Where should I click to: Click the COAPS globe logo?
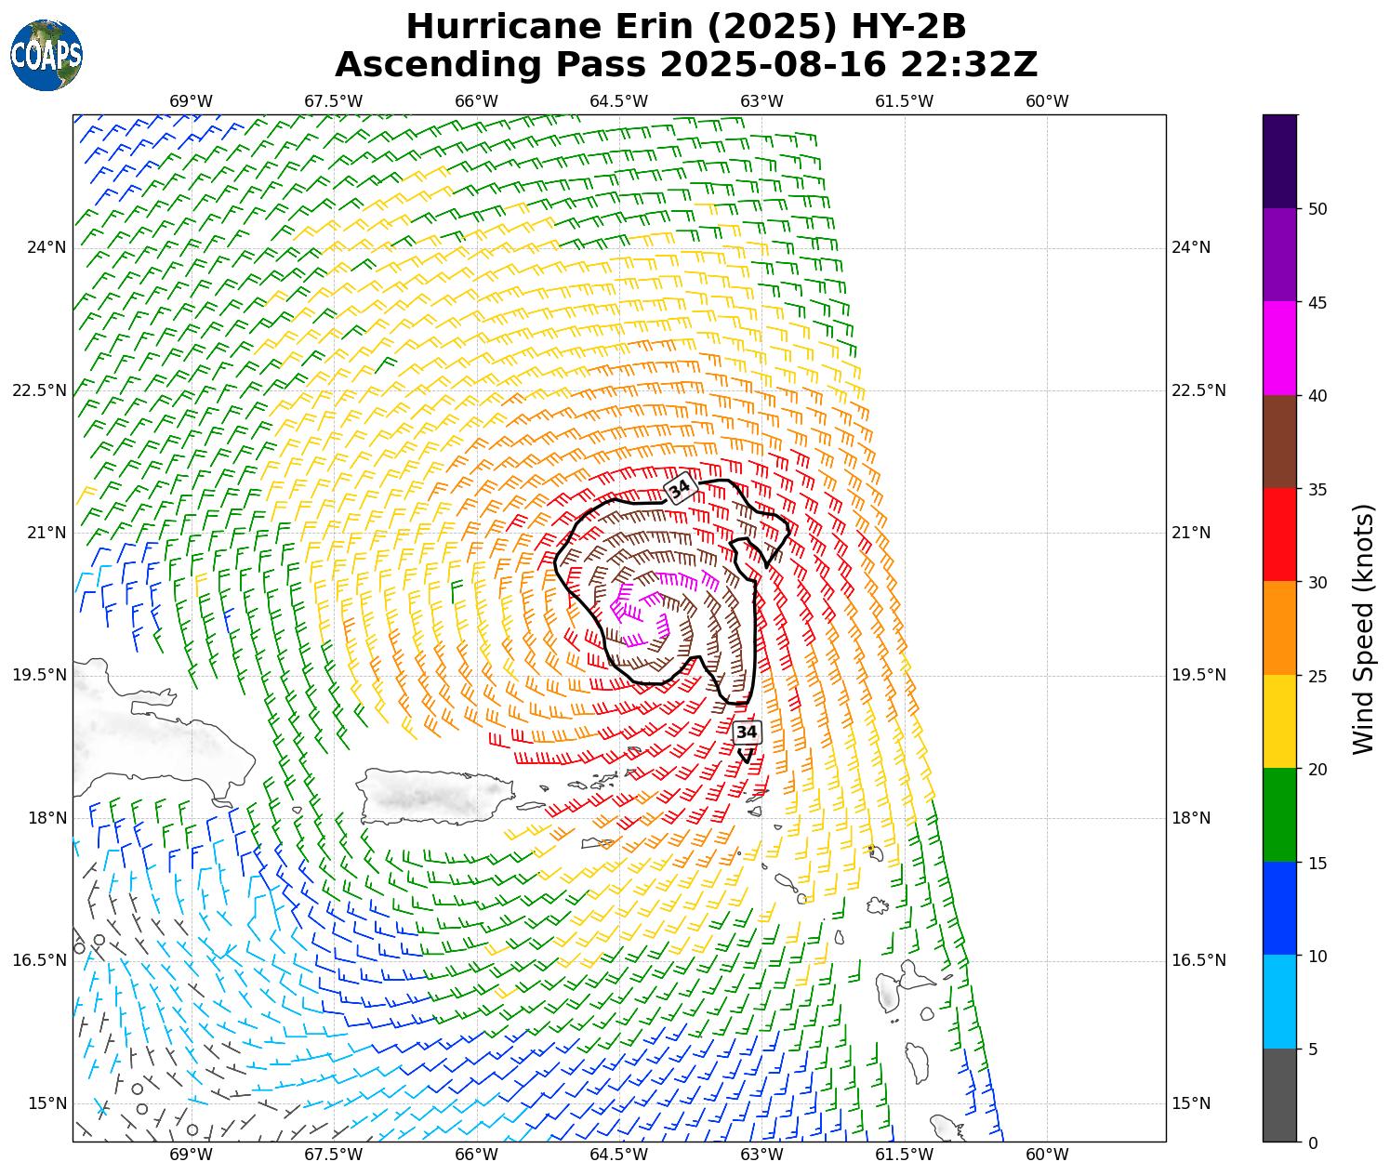(x=46, y=55)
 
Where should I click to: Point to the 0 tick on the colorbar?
(x=1312, y=1142)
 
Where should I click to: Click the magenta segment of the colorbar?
(x=1279, y=349)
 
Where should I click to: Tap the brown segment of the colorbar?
(x=1279, y=442)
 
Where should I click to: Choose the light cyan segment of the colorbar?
(x=1279, y=1002)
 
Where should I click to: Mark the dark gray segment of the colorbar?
(x=1279, y=1095)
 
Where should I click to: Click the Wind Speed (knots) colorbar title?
(x=1363, y=628)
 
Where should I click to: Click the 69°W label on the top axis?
(x=191, y=101)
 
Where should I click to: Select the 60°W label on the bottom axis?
(x=1047, y=1155)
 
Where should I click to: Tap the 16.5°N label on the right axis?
(x=1198, y=960)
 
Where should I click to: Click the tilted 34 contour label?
(x=681, y=488)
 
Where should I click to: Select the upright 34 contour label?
(x=747, y=733)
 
